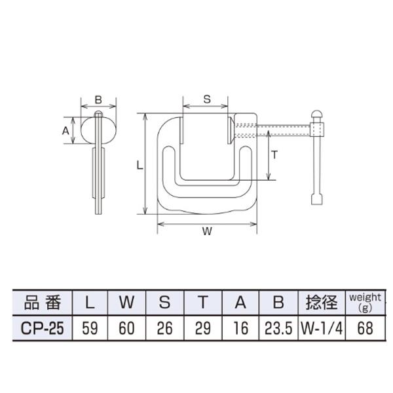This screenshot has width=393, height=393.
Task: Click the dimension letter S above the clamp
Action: click(206, 99)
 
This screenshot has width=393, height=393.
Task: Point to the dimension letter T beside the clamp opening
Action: click(275, 155)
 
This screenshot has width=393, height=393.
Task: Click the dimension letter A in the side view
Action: click(65, 130)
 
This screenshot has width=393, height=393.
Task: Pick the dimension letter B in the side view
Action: click(98, 100)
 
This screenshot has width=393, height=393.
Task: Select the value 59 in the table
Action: click(90, 327)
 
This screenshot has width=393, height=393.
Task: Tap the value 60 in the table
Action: click(127, 327)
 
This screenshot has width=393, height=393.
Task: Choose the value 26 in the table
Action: click(165, 327)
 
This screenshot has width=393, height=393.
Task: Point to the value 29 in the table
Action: click(203, 327)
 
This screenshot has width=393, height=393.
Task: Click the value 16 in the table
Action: click(241, 327)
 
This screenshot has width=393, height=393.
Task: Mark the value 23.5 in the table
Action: click(278, 327)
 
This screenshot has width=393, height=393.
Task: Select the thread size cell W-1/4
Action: click(320, 327)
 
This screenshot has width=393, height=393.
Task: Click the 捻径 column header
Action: click(320, 303)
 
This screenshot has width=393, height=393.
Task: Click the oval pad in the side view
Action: click(98, 130)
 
